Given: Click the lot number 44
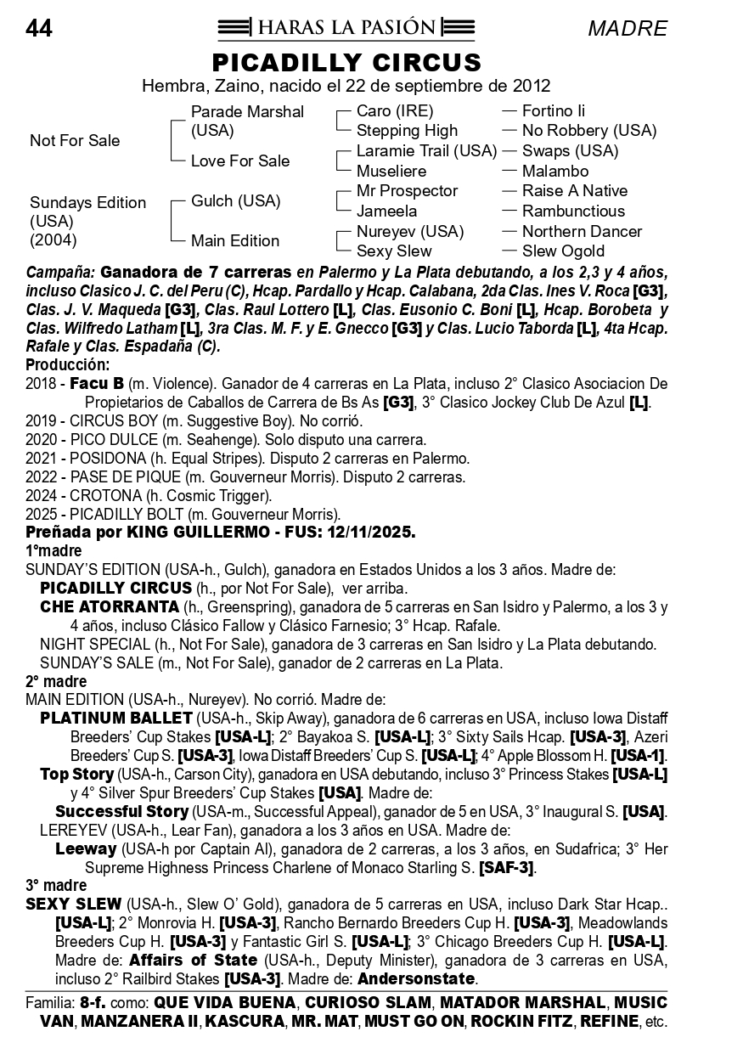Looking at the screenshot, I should pos(39,29).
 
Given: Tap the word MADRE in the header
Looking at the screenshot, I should pos(627,29).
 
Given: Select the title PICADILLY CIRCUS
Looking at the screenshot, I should pos(346,63).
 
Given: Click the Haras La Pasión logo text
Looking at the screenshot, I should pos(346,28).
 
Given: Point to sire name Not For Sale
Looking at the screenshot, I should pos(75,141).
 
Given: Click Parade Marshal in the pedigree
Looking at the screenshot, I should pos(247,112).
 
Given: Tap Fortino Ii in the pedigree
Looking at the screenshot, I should pos(553,111).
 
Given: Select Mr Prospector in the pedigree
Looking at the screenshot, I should pos(407,191).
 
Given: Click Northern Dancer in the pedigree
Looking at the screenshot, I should pos(582,231).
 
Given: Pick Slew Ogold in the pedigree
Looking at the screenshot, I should pos(563,251).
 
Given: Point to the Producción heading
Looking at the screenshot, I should pos(68,365).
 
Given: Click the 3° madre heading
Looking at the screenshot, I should pos(56,886).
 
